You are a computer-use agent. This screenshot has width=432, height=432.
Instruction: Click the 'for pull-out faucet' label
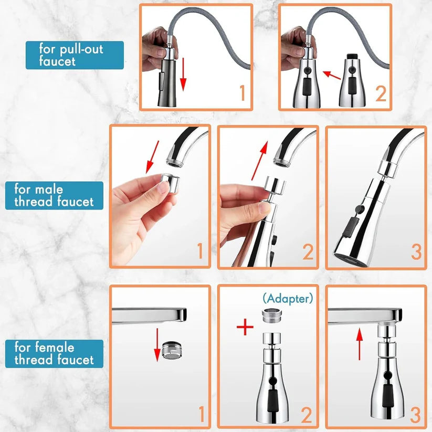75,55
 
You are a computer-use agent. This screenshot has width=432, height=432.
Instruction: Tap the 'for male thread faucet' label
54,195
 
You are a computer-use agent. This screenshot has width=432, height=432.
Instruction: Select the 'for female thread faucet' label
54,353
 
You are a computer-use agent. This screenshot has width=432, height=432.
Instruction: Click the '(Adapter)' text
288,299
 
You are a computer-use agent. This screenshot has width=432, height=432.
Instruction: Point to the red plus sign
242,328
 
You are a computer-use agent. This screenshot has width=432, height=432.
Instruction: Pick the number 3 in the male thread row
416,252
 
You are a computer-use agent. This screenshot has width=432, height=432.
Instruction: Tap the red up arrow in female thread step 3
359,344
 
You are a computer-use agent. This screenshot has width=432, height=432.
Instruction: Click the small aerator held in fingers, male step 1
169,184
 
